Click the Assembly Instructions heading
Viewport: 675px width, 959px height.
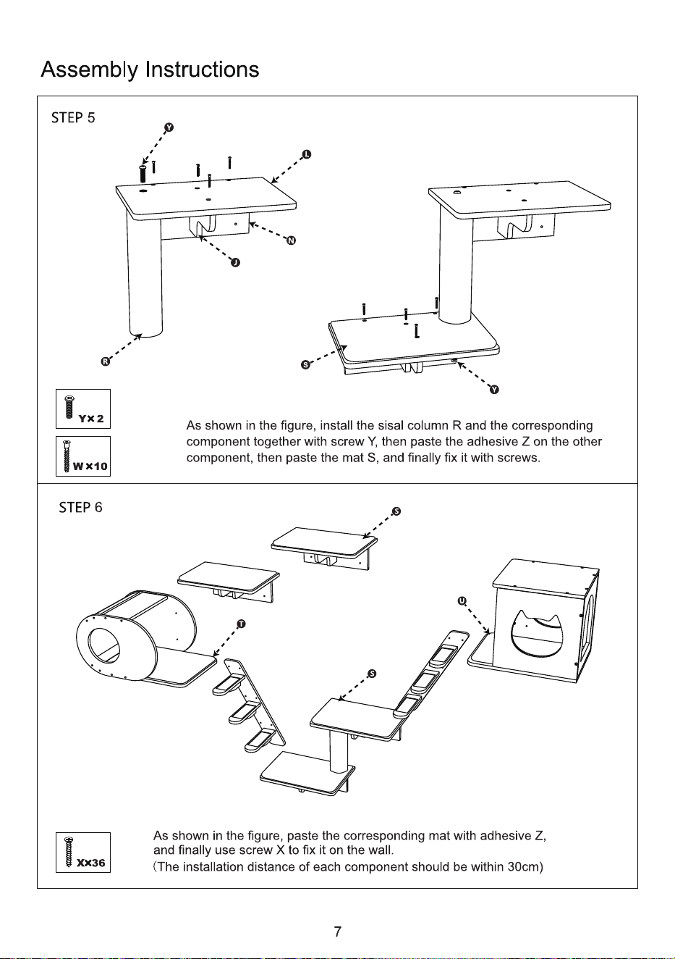(150, 70)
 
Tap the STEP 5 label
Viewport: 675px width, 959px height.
(73, 118)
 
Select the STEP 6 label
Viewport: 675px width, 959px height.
(80, 507)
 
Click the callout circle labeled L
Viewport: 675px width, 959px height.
(307, 154)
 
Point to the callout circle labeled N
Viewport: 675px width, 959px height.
(291, 240)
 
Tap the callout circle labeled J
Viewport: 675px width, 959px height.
(235, 262)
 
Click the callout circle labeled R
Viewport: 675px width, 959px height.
(105, 361)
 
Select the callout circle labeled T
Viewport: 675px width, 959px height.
(241, 624)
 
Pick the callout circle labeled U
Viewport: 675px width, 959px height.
(462, 601)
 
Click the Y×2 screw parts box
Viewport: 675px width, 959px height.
(83, 409)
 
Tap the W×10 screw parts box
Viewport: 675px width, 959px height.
(83, 456)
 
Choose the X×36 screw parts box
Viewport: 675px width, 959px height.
(83, 853)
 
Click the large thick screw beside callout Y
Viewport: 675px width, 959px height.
(143, 173)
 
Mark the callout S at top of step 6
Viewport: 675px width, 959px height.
(396, 511)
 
